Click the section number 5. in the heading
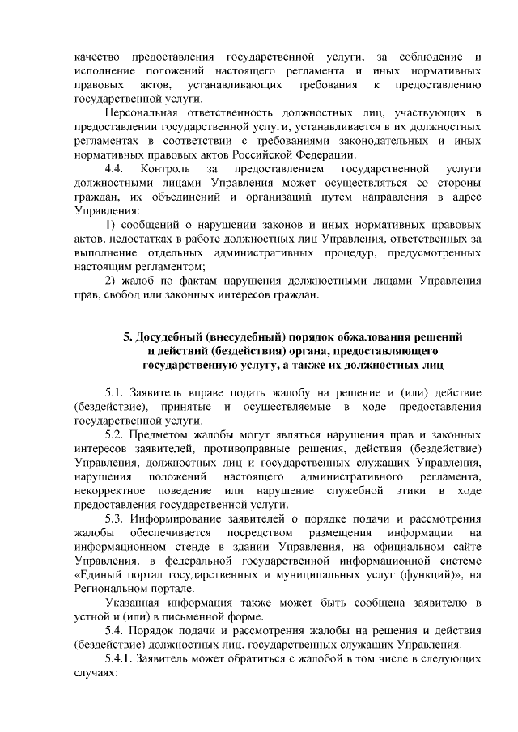127,336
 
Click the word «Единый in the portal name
100,574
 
